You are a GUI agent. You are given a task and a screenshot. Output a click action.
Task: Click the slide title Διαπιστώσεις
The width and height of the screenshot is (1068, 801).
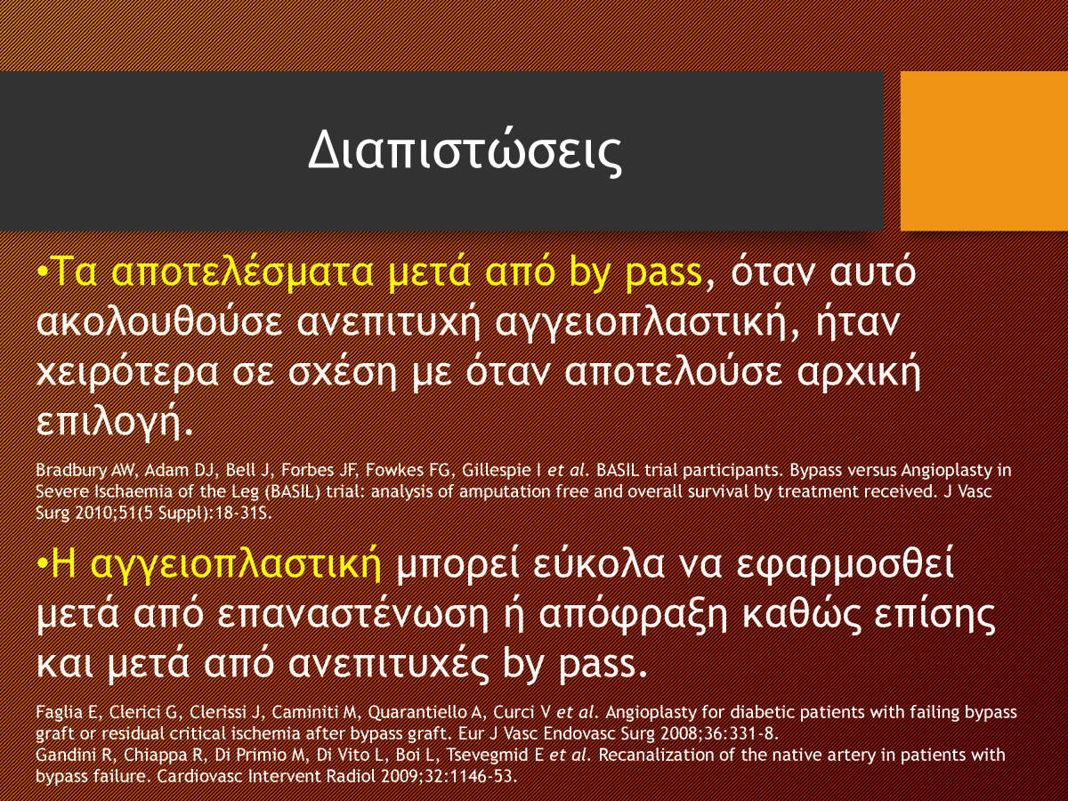pyautogui.click(x=465, y=151)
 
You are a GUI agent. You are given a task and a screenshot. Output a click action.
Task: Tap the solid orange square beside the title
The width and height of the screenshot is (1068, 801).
pyautogui.click(x=983, y=150)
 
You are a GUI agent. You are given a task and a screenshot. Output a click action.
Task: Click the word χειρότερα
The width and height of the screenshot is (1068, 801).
pyautogui.click(x=127, y=373)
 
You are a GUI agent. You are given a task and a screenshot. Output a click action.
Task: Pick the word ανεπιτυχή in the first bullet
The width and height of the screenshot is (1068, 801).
pyautogui.click(x=388, y=324)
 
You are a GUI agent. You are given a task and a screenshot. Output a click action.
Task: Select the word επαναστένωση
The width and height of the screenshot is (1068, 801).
pyautogui.click(x=352, y=615)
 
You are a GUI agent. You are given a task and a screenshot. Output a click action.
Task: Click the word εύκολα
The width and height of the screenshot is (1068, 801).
pyautogui.click(x=598, y=565)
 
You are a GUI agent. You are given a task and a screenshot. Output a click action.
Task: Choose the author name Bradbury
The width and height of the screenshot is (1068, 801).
pyautogui.click(x=71, y=471)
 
